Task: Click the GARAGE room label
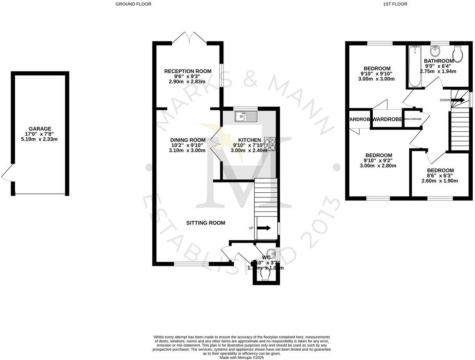[40, 129]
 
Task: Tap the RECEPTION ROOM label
[187, 71]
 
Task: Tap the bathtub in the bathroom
[414, 67]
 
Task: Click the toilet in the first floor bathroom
[458, 54]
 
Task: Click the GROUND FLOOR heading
[133, 4]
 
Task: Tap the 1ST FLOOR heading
[396, 4]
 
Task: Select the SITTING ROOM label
[205, 223]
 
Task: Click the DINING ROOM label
[187, 140]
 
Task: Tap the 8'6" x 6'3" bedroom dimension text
[440, 176]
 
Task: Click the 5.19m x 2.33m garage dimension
[40, 139]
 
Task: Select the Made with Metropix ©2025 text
[242, 357]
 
